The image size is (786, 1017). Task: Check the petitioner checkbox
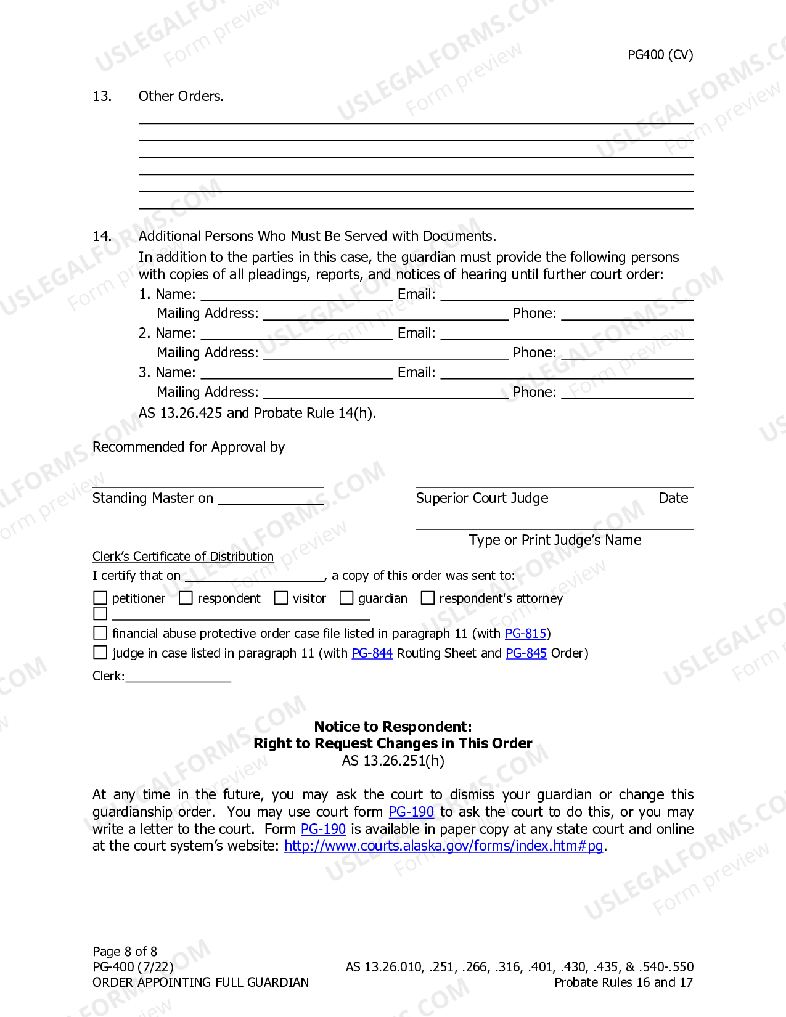click(100, 598)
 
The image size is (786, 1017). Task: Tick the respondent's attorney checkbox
click(427, 598)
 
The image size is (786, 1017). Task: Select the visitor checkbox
click(281, 598)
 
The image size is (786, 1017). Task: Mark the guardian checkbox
click(346, 598)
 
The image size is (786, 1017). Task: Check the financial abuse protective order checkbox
click(100, 633)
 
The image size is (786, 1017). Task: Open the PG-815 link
click(525, 634)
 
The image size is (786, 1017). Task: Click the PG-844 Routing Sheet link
click(372, 653)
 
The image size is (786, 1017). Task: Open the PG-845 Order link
click(526, 653)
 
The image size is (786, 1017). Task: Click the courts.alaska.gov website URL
click(443, 846)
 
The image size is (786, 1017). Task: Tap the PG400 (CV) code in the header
click(660, 55)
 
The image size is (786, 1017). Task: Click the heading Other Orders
click(181, 96)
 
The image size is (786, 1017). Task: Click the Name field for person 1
click(297, 295)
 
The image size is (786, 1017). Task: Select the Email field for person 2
click(567, 334)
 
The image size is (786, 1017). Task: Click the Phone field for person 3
click(627, 393)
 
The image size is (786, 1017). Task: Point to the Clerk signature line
click(178, 676)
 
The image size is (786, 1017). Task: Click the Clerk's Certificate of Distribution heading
click(183, 557)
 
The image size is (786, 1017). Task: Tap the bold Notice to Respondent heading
click(393, 727)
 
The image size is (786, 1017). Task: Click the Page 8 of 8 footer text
click(125, 952)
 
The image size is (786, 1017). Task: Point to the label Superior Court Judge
click(482, 498)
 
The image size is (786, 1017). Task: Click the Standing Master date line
click(271, 499)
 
